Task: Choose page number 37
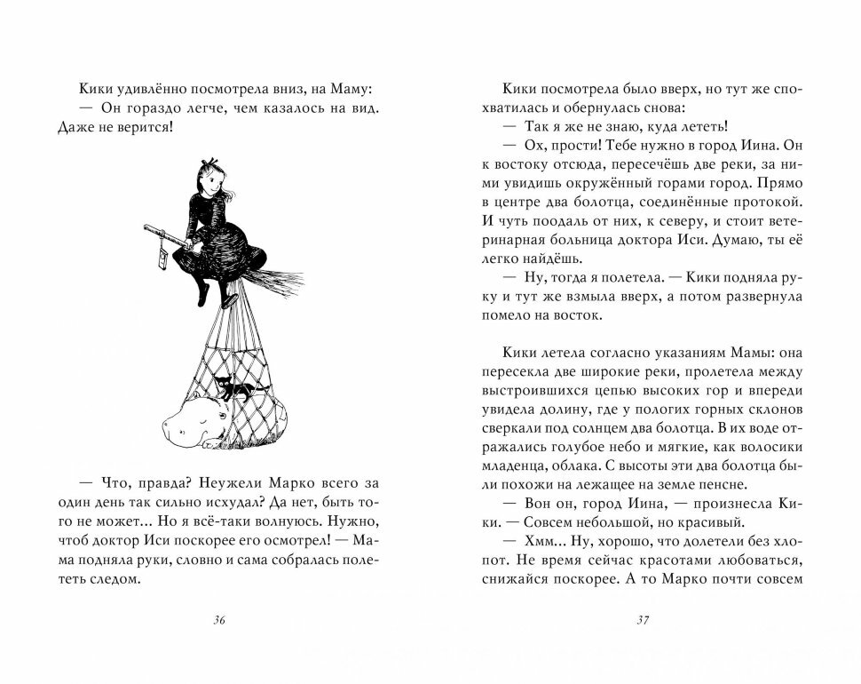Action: point(644,621)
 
